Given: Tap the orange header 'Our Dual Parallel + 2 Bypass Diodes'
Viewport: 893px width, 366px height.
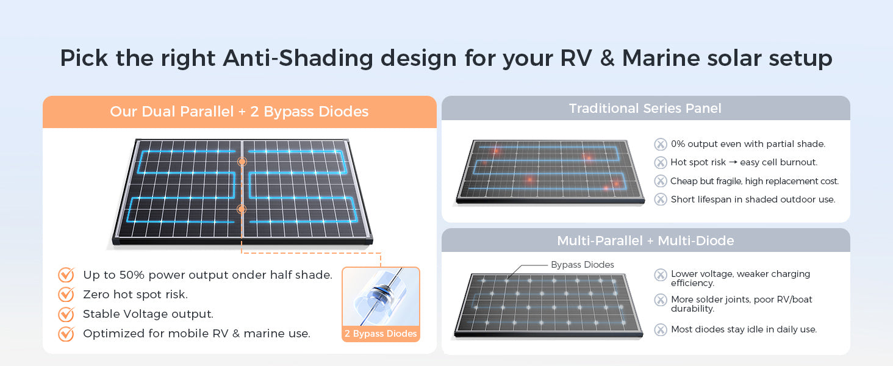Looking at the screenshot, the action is [x=239, y=112].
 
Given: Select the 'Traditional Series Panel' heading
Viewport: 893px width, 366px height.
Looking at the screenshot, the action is [x=645, y=108].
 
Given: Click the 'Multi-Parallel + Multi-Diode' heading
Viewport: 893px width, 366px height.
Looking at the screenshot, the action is [x=645, y=241].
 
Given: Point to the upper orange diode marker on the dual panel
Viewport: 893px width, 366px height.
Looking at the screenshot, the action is [x=242, y=162].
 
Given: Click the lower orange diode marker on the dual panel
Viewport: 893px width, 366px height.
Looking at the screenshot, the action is [x=242, y=209].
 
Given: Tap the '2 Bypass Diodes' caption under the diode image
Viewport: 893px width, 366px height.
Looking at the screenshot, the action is [x=381, y=333].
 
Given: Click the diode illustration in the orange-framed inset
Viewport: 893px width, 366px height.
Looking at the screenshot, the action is [x=381, y=297].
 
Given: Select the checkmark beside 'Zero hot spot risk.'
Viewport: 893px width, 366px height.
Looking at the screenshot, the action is [x=66, y=294].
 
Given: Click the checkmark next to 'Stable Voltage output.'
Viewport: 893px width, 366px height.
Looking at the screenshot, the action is [x=66, y=314].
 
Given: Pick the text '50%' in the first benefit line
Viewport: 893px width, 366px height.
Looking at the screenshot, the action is [x=132, y=274].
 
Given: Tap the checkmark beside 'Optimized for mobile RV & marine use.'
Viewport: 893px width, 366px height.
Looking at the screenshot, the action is [x=66, y=333].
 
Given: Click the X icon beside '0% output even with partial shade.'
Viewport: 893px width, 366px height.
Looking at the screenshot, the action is [x=661, y=144].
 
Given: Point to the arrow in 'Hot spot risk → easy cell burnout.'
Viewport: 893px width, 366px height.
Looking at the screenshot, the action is [x=733, y=162].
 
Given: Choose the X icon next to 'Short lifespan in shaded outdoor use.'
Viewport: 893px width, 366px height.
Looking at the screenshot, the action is [x=661, y=199].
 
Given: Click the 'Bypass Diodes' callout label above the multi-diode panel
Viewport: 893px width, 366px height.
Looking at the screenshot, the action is [x=583, y=265].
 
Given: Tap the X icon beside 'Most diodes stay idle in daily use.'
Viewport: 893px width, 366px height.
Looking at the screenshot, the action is [x=661, y=329].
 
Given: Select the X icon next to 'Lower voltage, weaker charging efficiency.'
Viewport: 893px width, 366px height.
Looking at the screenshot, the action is [x=661, y=274].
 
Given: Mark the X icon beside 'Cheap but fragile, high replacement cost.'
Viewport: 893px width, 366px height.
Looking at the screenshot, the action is [x=661, y=181].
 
